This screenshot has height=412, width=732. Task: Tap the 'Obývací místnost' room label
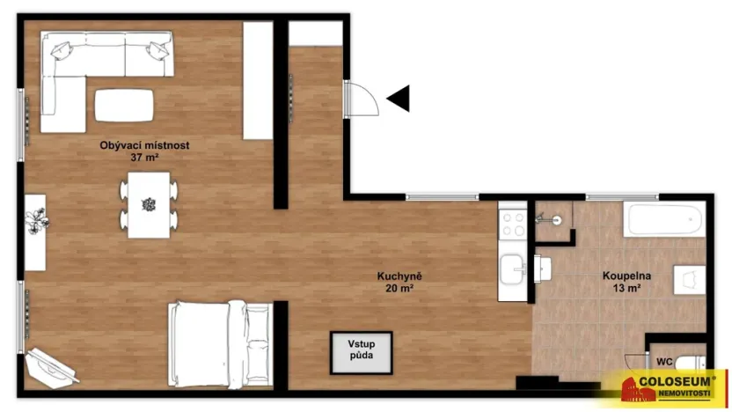(145, 145)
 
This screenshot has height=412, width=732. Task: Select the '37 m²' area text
(144, 158)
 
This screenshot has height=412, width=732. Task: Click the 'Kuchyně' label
(399, 276)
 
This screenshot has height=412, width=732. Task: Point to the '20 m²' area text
(399, 288)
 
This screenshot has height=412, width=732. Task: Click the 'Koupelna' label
(621, 276)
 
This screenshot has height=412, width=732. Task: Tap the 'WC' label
(666, 360)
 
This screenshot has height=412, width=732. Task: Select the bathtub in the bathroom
(664, 219)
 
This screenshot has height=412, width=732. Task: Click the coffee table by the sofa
(124, 105)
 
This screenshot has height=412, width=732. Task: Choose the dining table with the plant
(148, 204)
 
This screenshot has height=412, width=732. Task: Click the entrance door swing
(361, 99)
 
